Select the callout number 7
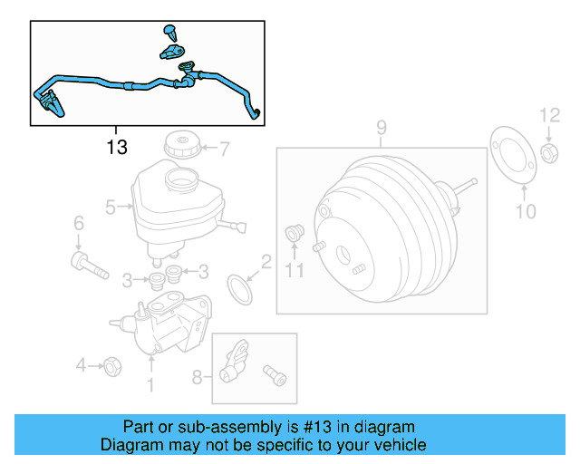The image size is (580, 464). [x=226, y=147]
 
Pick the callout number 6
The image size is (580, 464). [x=78, y=223]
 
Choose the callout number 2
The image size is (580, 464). [x=266, y=263]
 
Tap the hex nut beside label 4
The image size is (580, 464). [x=113, y=366]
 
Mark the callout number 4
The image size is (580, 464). [x=82, y=366]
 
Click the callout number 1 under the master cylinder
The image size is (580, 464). [x=150, y=387]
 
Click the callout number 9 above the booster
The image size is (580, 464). [x=382, y=128]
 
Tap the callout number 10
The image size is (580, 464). [x=527, y=212]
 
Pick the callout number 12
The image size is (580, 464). [x=551, y=115]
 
